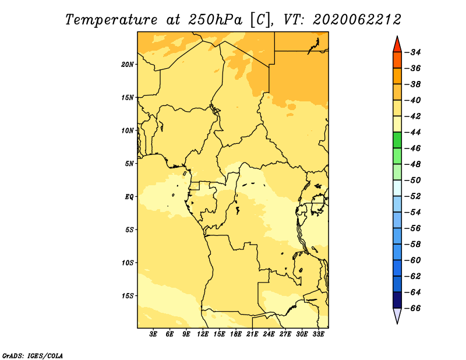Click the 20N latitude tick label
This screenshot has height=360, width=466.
pos(127,65)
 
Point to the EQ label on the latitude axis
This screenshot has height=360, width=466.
pos(129,197)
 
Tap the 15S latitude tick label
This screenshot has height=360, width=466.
pos(128,296)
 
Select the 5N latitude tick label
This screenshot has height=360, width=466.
pos(129,164)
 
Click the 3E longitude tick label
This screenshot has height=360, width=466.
pos(153,334)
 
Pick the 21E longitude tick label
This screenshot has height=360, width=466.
pos(252,334)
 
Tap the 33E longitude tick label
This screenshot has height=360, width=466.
pos(318,334)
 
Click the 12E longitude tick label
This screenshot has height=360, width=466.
pos(203,334)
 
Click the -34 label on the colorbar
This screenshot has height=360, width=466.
pos(414,52)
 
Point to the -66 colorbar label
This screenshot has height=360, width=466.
pos(414,308)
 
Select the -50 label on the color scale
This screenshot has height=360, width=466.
pos(414,180)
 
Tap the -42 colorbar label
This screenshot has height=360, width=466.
pos(414,117)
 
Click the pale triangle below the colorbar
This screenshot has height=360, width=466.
pos(397,315)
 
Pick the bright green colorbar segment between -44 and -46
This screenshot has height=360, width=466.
pos(397,140)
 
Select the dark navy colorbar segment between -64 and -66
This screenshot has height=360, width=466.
pos(397,300)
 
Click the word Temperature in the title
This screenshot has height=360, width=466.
pos(111,20)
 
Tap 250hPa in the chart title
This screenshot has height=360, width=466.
pos(215,20)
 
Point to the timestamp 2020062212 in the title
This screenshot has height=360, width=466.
pos(357,20)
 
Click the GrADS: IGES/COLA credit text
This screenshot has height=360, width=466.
pos(33,356)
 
